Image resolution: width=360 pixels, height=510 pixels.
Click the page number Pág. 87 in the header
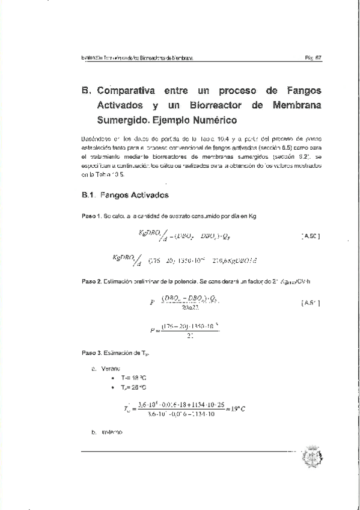[x=314, y=58]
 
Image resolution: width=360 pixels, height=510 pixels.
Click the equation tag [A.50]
[x=310, y=236]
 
